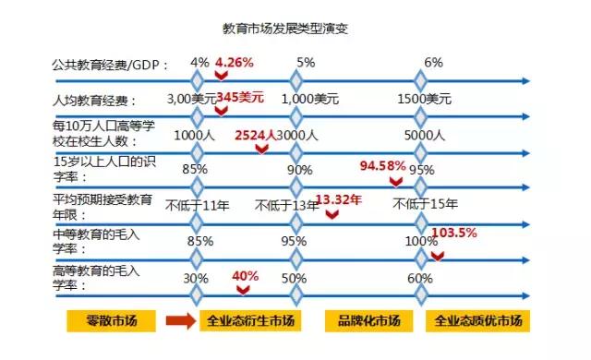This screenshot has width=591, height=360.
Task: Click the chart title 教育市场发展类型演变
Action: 286,29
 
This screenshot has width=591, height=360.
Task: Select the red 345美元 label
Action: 240,96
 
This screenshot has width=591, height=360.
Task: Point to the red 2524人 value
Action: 256,135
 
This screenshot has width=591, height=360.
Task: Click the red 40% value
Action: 245,276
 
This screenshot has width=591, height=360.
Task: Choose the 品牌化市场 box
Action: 369,322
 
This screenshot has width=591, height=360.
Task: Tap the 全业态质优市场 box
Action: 477,322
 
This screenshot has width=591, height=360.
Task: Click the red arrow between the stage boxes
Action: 177,322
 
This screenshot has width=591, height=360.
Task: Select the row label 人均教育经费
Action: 94,99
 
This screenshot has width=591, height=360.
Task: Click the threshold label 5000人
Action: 427,135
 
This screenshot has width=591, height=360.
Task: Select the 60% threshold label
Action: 420,277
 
